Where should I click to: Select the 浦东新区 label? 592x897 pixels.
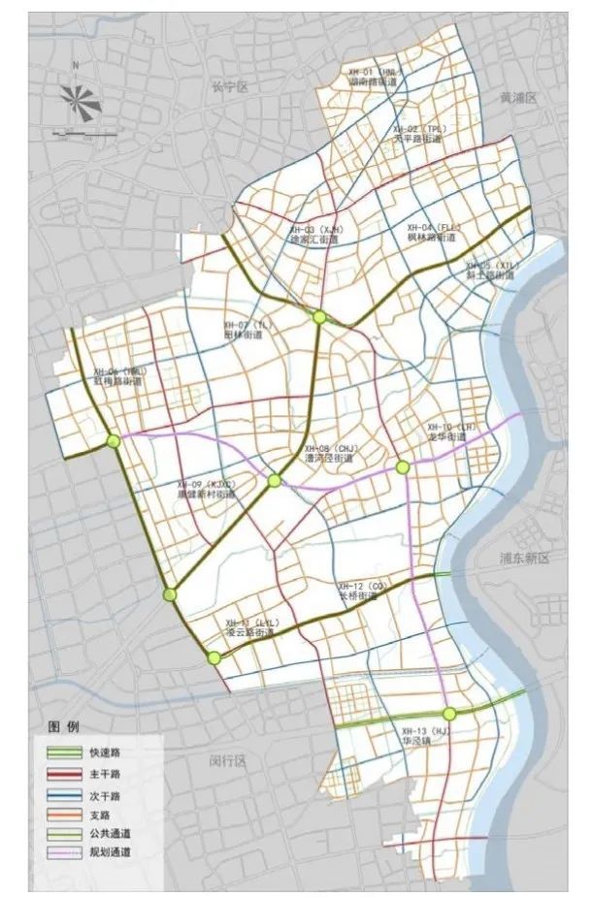pyautogui.click(x=525, y=559)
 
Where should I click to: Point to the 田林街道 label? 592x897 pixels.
pyautogui.click(x=243, y=335)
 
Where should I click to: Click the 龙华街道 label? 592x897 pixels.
pyautogui.click(x=447, y=437)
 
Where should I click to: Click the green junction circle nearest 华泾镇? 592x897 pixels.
pyautogui.click(x=448, y=713)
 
